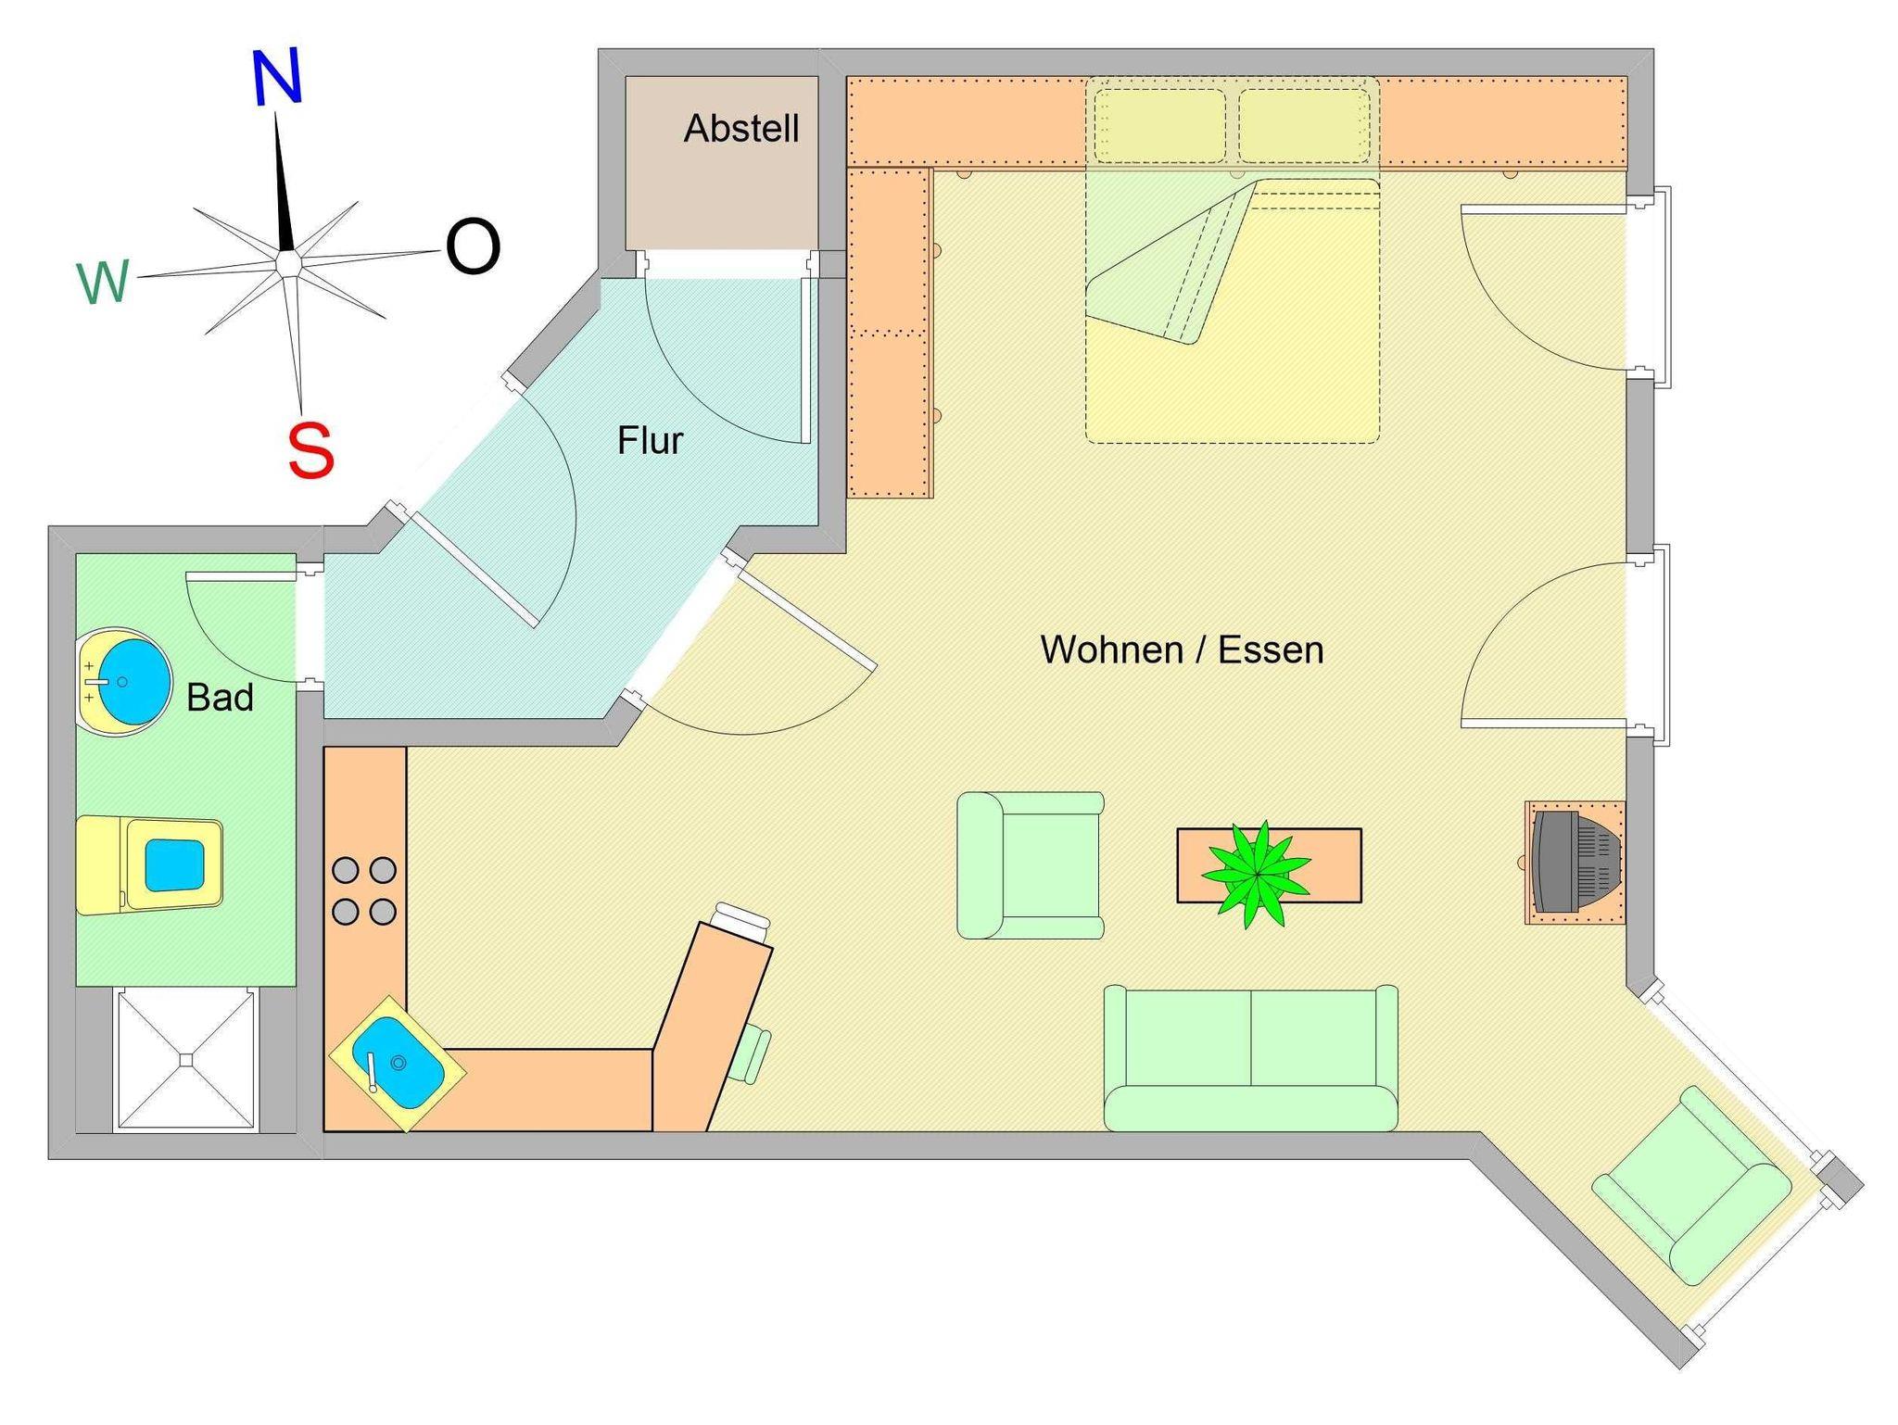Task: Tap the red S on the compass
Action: coord(310,449)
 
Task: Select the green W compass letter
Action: coord(103,283)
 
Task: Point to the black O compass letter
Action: coord(474,246)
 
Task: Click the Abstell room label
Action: coord(741,129)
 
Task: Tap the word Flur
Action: coord(651,441)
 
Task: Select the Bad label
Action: coord(220,698)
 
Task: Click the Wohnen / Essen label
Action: coord(1183,649)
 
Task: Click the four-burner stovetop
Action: coord(364,891)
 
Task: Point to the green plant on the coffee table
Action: coord(1257,874)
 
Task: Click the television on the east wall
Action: coord(1576,862)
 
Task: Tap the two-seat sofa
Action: coord(1251,1058)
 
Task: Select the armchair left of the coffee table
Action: coord(1031,865)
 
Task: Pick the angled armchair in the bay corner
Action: coord(1692,1186)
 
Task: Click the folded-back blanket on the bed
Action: coord(1171,262)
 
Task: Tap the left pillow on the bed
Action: coord(1159,126)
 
